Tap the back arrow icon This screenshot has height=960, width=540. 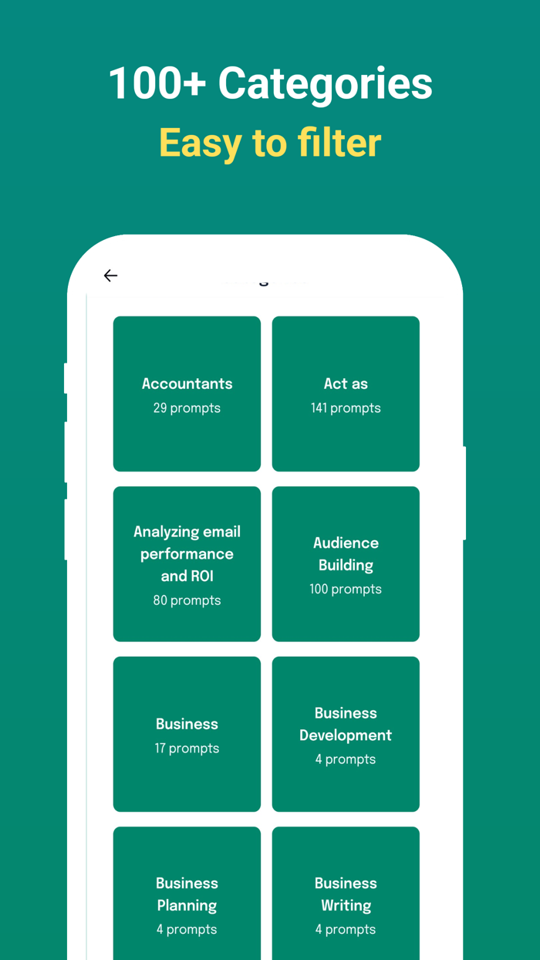pos(110,275)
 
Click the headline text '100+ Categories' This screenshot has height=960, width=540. pos(271,83)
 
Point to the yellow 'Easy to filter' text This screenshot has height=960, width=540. pos(270,144)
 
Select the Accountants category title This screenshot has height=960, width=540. pos(187,384)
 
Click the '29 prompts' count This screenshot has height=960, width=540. pos(187,408)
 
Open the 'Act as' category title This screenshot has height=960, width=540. pos(346,384)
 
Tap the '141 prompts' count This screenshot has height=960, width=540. pos(346,408)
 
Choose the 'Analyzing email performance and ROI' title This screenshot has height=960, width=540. pos(187,554)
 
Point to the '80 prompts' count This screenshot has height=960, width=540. pos(187,600)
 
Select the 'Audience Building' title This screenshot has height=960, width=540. pos(346,554)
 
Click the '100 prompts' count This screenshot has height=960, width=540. pos(346,590)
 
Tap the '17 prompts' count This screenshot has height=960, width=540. pos(187,749)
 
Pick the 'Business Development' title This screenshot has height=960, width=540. pos(346,725)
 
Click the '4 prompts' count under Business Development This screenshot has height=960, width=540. pos(346,759)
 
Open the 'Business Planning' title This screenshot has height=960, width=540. pos(187,894)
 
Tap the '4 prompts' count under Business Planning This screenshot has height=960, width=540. pos(187,930)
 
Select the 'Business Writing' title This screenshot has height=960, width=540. pos(346,894)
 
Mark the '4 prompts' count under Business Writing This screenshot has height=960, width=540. pos(346,930)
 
